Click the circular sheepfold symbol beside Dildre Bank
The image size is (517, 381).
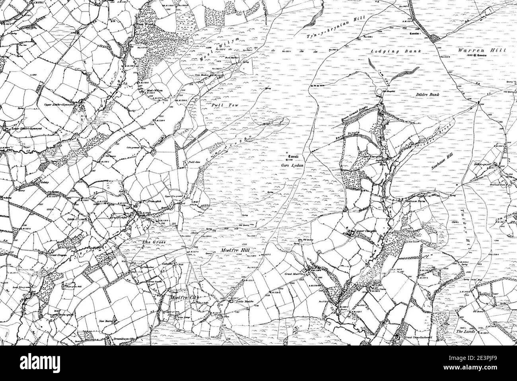380,92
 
